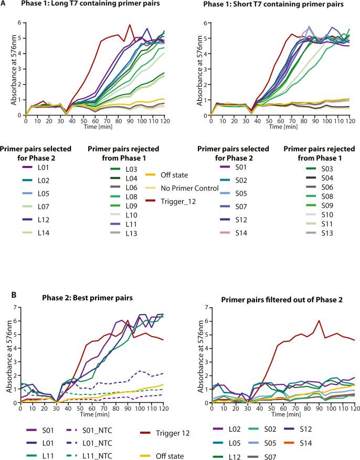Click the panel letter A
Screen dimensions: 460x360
click(x=4, y=4)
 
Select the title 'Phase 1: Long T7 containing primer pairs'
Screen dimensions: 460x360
click(x=77, y=5)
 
